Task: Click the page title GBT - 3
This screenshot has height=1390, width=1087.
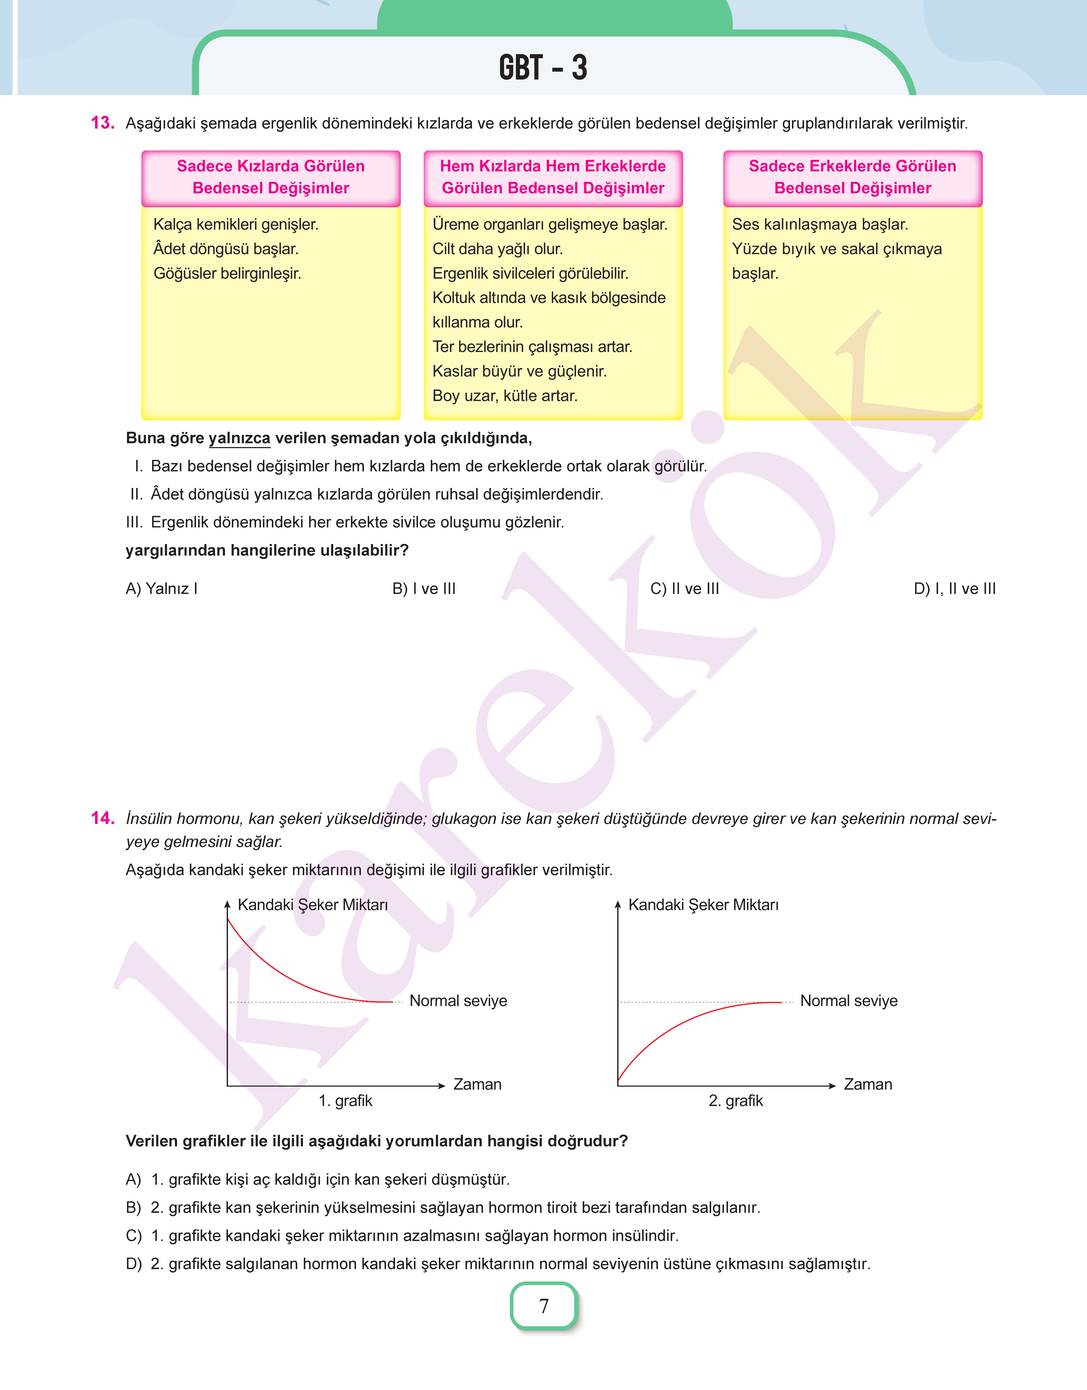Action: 543,68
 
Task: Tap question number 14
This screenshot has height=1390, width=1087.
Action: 102,818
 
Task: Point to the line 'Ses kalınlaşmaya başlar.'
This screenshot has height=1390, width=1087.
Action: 820,224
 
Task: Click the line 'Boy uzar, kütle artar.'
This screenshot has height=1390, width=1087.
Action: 505,395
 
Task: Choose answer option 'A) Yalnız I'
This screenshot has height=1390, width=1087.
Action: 162,588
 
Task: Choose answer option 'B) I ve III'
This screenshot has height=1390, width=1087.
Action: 424,588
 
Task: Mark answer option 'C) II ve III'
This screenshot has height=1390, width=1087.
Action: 684,588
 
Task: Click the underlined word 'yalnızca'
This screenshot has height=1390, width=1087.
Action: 239,438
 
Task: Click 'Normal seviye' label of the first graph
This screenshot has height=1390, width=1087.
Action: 458,1000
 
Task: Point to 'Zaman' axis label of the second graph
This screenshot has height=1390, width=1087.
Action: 867,1084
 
